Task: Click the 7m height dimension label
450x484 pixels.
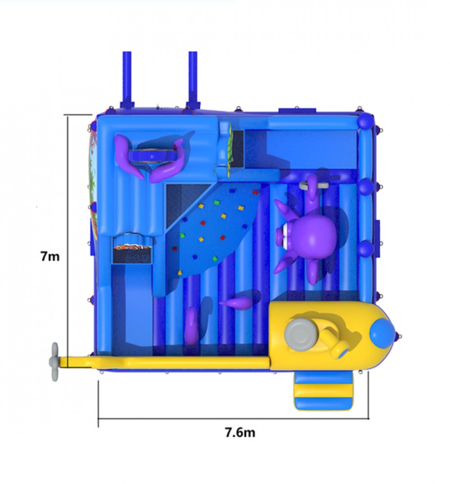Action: click(x=50, y=256)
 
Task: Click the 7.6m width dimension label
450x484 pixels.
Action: click(x=240, y=432)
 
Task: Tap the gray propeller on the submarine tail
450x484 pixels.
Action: click(x=54, y=362)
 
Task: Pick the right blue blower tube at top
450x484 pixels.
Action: click(x=193, y=80)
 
